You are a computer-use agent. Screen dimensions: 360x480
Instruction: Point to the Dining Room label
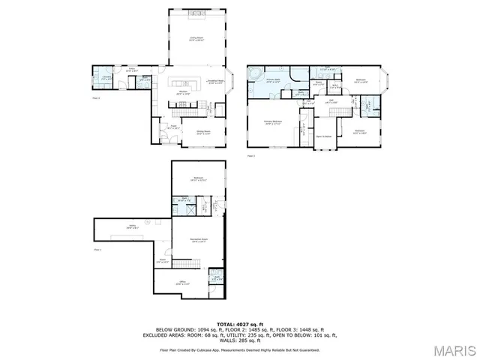point(203,132)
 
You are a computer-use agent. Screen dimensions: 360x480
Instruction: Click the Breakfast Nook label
point(217,83)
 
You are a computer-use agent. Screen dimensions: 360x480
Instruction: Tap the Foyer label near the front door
point(173,127)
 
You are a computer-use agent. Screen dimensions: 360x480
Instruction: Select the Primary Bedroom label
point(272,121)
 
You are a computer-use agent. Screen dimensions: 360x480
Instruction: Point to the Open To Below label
point(324,136)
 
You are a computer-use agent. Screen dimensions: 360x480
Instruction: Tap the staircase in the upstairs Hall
point(340,112)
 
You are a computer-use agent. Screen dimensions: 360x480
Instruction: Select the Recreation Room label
point(199,240)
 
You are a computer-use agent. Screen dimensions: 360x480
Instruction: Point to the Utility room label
point(132,226)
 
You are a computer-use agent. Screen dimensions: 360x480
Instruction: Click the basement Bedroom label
point(199,178)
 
